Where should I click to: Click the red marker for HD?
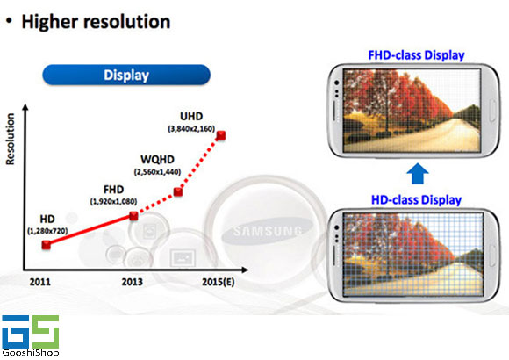pyautogui.click(x=47, y=245)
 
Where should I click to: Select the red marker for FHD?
pyautogui.click(x=133, y=216)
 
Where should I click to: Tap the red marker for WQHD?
pyautogui.click(x=178, y=191)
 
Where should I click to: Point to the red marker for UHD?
pyautogui.click(x=221, y=135)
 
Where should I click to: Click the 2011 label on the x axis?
pyautogui.click(x=40, y=282)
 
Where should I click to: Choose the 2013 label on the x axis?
pyautogui.click(x=133, y=282)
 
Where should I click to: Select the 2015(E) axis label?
pyautogui.click(x=219, y=282)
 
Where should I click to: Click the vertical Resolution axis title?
pyautogui.click(x=11, y=139)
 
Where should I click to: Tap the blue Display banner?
pyautogui.click(x=126, y=75)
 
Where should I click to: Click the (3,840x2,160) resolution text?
pyautogui.click(x=191, y=129)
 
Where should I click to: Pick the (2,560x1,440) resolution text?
pyautogui.click(x=157, y=172)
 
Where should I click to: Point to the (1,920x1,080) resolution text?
pyautogui.click(x=113, y=202)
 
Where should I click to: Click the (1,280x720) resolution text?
pyautogui.click(x=47, y=231)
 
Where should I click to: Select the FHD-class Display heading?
pyautogui.click(x=416, y=55)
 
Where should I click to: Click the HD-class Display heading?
pyautogui.click(x=416, y=200)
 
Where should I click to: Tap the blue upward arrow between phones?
pyautogui.click(x=418, y=174)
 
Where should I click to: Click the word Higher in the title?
pyautogui.click(x=51, y=22)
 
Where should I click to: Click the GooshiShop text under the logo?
pyautogui.click(x=31, y=352)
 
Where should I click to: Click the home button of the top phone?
pyautogui.click(x=492, y=111)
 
